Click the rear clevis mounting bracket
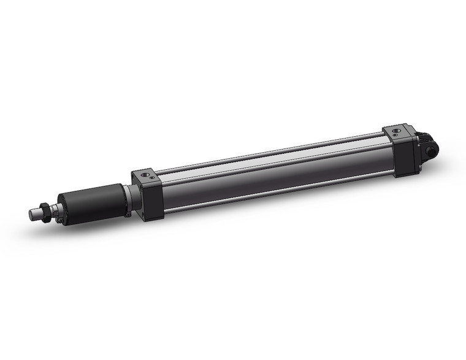427,147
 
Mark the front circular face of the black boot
62,208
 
